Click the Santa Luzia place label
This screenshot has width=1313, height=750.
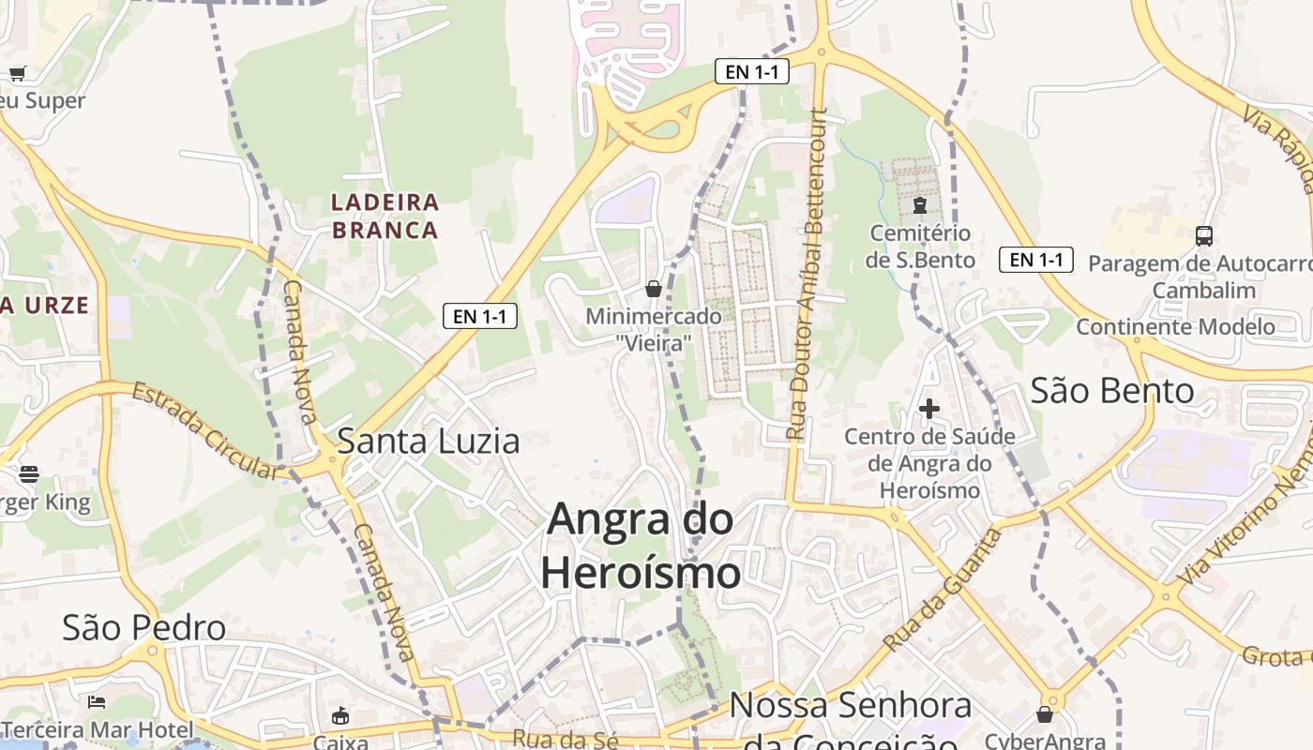[x=428, y=441]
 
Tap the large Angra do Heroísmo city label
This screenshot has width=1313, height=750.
[x=641, y=545]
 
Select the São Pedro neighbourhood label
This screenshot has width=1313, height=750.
[x=143, y=628]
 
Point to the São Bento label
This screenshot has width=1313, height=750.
[x=1112, y=390]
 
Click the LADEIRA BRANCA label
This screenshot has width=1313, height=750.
[x=385, y=216]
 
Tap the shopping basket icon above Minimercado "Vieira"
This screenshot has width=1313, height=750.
[x=654, y=289]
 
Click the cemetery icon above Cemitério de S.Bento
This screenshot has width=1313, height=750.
[x=919, y=205]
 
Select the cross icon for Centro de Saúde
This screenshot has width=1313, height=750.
[x=929, y=409]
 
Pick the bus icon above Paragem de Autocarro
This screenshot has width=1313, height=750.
[x=1204, y=236]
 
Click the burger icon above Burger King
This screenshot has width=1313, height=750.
[x=29, y=474]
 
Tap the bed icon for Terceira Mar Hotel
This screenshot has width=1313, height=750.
[x=96, y=701]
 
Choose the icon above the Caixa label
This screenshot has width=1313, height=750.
[x=340, y=716]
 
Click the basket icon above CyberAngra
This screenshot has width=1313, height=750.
[x=1045, y=714]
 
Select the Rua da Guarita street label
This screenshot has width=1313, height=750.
[x=942, y=591]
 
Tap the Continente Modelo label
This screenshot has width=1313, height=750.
[x=1175, y=327]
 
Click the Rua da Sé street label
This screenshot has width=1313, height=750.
[x=565, y=739]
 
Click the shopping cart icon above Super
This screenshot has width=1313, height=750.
[x=17, y=73]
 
